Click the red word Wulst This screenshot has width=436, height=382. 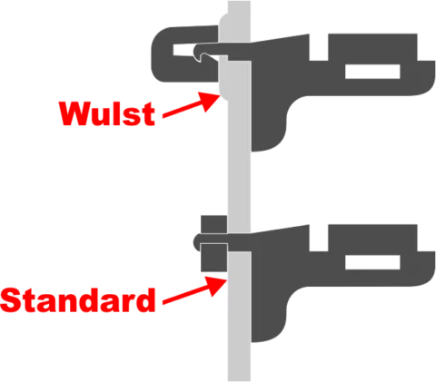[107, 113]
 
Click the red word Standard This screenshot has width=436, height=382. [78, 299]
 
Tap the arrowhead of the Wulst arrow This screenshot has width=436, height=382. [210, 101]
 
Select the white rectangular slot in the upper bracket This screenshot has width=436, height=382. [372, 72]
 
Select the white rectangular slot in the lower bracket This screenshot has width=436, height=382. [372, 262]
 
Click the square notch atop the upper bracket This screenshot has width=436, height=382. [319, 47]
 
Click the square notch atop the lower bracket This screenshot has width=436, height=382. [319, 238]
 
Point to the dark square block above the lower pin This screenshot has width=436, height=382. [214, 224]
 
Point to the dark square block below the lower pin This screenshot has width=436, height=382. [214, 258]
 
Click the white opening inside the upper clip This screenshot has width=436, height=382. [183, 50]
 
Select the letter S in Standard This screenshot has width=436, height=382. [12, 300]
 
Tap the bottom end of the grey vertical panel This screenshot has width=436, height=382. [239, 380]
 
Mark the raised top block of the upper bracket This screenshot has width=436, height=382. [372, 47]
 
